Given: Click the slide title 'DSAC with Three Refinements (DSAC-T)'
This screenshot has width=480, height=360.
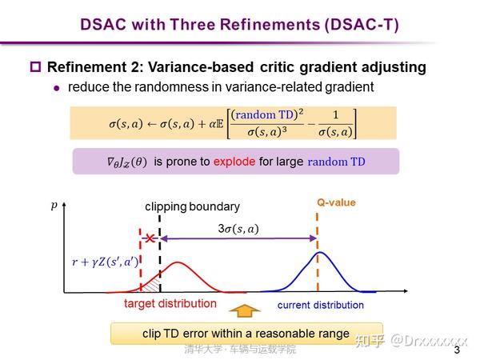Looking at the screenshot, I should tap(239, 23).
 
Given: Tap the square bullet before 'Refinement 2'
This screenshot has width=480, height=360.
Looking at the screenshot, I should tap(35, 67).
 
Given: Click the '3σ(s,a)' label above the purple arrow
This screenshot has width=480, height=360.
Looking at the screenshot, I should tap(238, 228).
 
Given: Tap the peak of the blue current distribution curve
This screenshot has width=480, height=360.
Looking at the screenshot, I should tap(321, 253).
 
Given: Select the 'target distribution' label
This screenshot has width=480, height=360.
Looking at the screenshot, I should tap(170, 304).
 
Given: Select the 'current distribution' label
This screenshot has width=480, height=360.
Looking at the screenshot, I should tap(320, 305).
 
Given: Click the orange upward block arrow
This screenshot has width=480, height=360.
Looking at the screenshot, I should tap(246, 310).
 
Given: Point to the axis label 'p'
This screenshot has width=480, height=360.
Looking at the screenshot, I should tap(55, 206).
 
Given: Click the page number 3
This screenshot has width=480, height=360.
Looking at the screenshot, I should tap(458, 350).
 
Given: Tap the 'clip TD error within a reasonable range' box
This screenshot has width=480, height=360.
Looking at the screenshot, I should tap(246, 333).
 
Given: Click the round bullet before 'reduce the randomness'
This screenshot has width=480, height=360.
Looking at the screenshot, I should tap(57, 87).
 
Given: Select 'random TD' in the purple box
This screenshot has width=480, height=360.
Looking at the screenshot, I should tap(336, 162).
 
